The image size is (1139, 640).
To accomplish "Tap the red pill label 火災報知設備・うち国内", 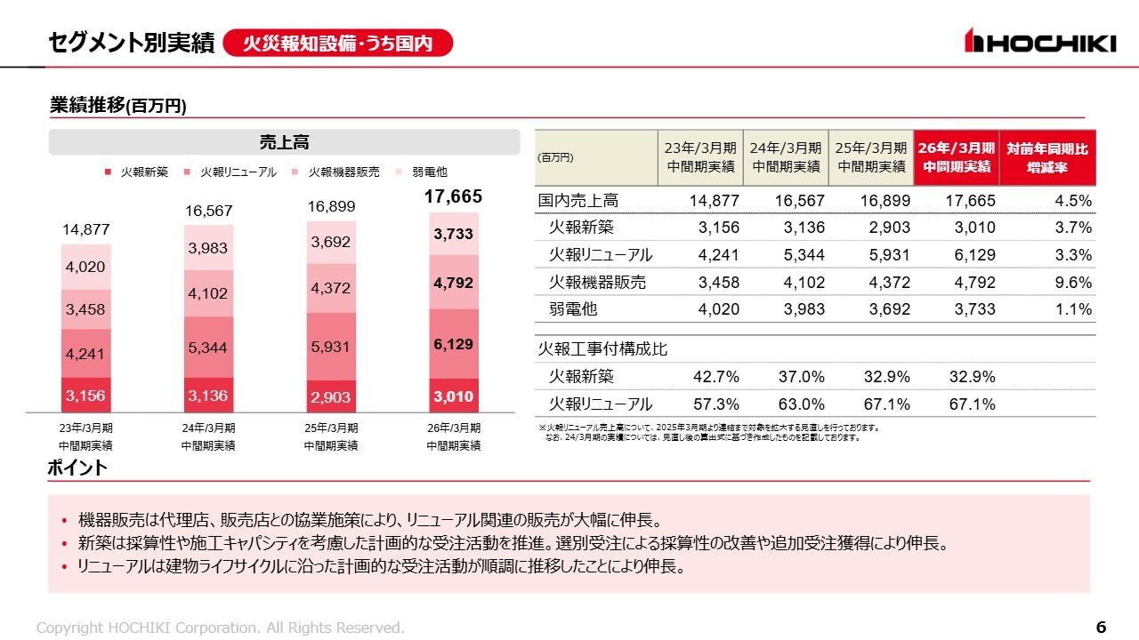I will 338,43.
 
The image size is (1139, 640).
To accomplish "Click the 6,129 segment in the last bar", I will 454,344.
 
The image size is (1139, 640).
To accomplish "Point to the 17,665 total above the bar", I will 454,197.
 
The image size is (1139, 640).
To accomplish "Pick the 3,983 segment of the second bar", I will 208,249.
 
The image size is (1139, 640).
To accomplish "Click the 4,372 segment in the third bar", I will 331,288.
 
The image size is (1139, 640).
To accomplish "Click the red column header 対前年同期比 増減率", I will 1047,157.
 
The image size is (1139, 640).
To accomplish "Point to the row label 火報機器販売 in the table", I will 598,283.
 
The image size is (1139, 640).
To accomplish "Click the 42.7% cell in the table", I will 716,376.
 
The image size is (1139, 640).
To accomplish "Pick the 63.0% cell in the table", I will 802,404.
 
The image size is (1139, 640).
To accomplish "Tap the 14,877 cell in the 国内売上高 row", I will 715,201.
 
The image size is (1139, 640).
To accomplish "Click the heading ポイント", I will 77,468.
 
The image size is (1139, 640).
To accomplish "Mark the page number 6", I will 1101,628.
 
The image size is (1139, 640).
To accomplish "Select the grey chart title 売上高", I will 284,142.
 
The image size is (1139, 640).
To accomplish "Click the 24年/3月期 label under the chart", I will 208,428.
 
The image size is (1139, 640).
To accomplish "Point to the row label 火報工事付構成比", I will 603,349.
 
